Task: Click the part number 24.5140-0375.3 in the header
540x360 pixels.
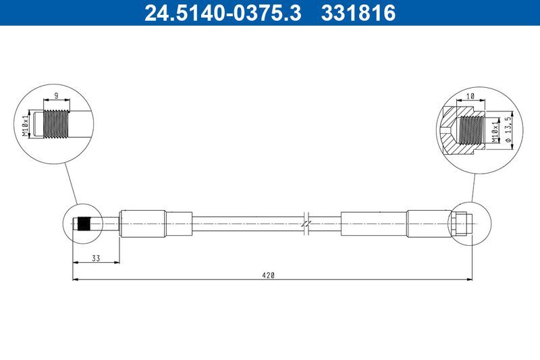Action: click(222, 13)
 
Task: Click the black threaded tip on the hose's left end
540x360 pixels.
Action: click(84, 223)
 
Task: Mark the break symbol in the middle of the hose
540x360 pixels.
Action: click(306, 223)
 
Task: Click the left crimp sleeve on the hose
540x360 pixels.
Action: click(142, 223)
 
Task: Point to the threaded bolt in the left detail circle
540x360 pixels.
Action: click(58, 124)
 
